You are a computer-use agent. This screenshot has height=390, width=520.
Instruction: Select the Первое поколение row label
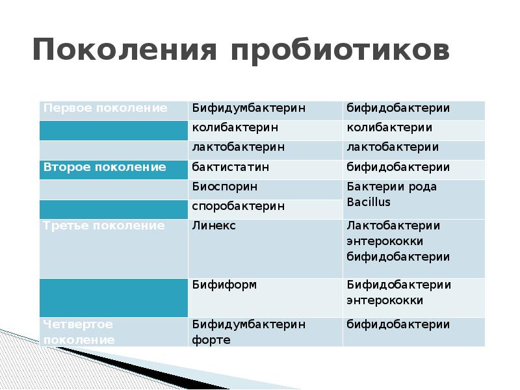(105, 109)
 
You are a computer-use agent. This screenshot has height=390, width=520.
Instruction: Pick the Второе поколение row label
(105, 168)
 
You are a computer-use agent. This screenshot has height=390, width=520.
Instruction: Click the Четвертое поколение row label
(79, 331)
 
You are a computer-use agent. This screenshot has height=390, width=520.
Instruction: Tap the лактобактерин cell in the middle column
(238, 148)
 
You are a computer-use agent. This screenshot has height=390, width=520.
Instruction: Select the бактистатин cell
(231, 168)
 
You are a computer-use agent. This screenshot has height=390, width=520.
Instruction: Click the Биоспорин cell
(224, 187)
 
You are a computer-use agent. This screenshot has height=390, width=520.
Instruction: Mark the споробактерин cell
(238, 207)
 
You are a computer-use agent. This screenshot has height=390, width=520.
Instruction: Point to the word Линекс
(214, 226)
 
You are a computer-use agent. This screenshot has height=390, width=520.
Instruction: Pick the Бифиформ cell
(224, 285)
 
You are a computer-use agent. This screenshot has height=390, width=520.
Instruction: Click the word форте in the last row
(211, 340)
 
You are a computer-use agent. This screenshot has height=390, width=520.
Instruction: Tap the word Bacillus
(369, 202)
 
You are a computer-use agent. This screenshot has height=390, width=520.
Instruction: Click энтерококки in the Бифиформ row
(385, 301)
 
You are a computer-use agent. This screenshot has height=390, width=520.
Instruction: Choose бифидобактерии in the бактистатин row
(398, 168)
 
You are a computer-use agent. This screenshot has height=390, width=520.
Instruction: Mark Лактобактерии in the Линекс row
(393, 226)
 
